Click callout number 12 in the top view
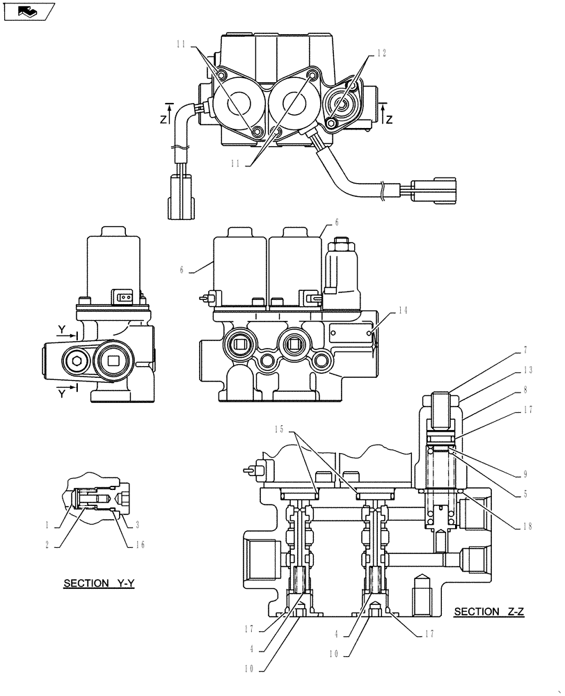tap(381, 53)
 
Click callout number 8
tap(526, 392)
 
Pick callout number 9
tap(526, 474)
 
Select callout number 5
tap(526, 495)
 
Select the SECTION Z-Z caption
tap(488, 612)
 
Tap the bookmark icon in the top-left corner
tap(29, 11)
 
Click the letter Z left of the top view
tap(163, 119)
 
